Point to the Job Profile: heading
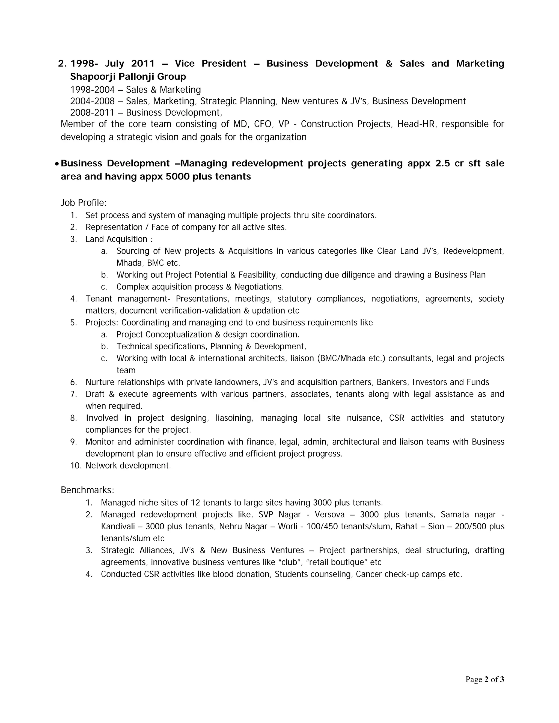tap(84, 203)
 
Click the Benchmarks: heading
tap(87, 490)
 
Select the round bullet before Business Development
tap(57, 164)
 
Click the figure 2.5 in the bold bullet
tap(442, 163)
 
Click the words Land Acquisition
tap(116, 239)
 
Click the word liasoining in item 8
tap(234, 418)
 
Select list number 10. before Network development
tap(76, 465)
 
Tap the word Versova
tap(329, 515)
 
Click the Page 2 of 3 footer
tap(484, 680)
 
